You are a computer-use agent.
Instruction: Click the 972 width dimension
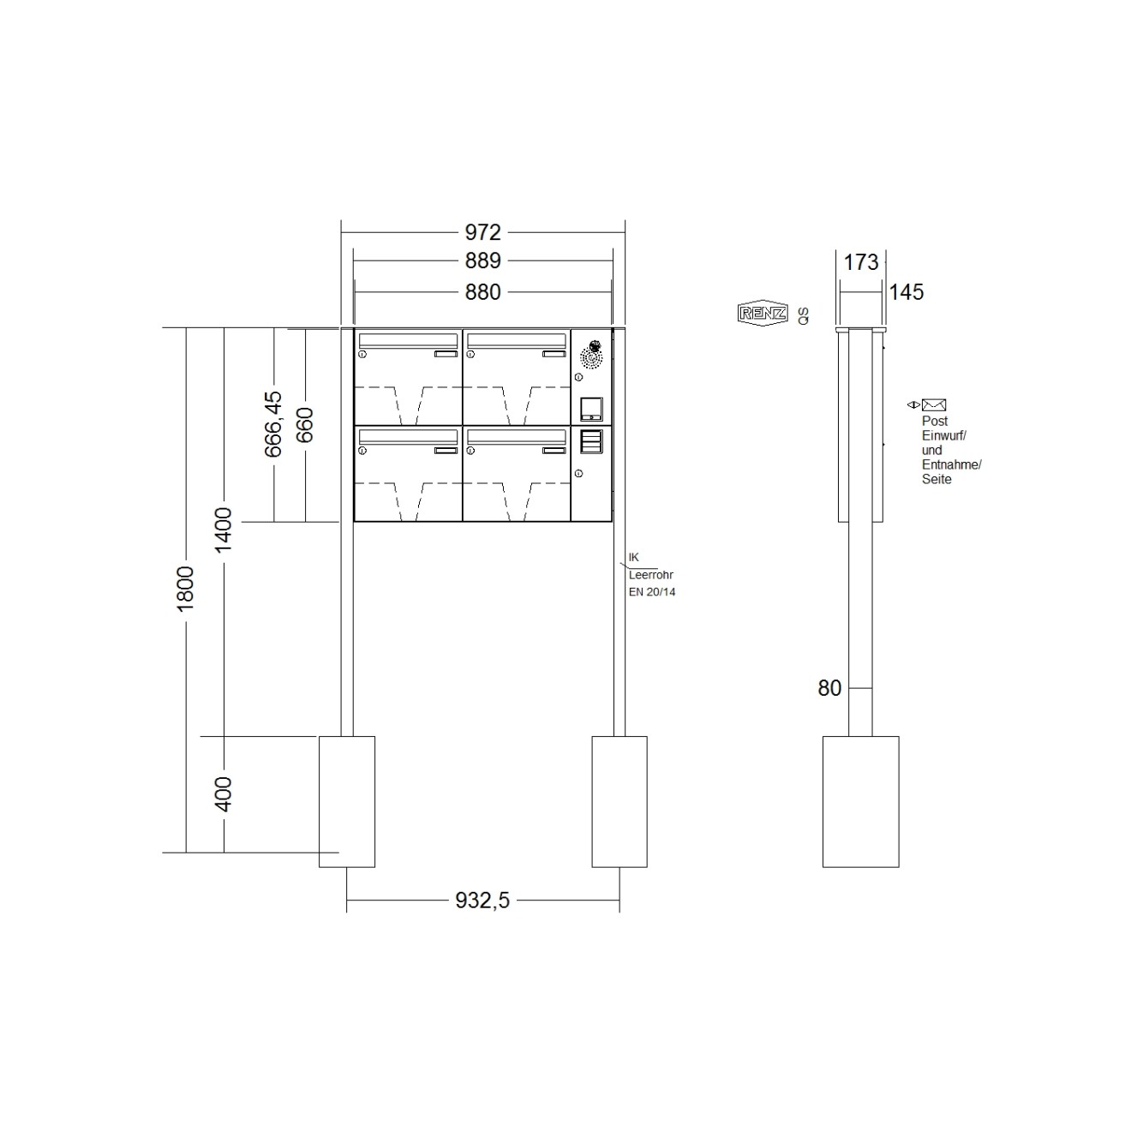click(x=482, y=232)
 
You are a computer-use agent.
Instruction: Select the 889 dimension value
click(x=482, y=260)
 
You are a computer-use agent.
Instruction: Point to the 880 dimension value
click(x=482, y=292)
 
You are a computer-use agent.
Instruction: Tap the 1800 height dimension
click(x=186, y=588)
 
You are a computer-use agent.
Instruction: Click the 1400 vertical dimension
click(x=224, y=530)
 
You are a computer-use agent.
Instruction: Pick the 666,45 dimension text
click(x=273, y=424)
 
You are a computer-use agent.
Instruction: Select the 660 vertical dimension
click(x=305, y=425)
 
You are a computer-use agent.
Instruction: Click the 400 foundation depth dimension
click(x=224, y=794)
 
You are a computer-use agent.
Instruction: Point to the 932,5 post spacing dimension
click(x=482, y=901)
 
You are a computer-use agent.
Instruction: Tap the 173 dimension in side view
click(x=861, y=262)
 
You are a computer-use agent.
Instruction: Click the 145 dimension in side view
click(x=906, y=292)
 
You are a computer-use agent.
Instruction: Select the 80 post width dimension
click(x=829, y=688)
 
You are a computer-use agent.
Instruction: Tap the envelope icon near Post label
click(x=934, y=405)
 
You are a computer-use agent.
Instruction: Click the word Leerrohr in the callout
click(x=651, y=576)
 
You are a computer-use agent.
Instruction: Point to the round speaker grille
click(x=591, y=354)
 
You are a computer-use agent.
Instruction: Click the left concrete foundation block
click(x=347, y=801)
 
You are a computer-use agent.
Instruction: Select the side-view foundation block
click(x=860, y=801)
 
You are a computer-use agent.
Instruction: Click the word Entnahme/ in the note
click(x=952, y=464)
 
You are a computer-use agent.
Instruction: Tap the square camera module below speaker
click(x=591, y=408)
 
